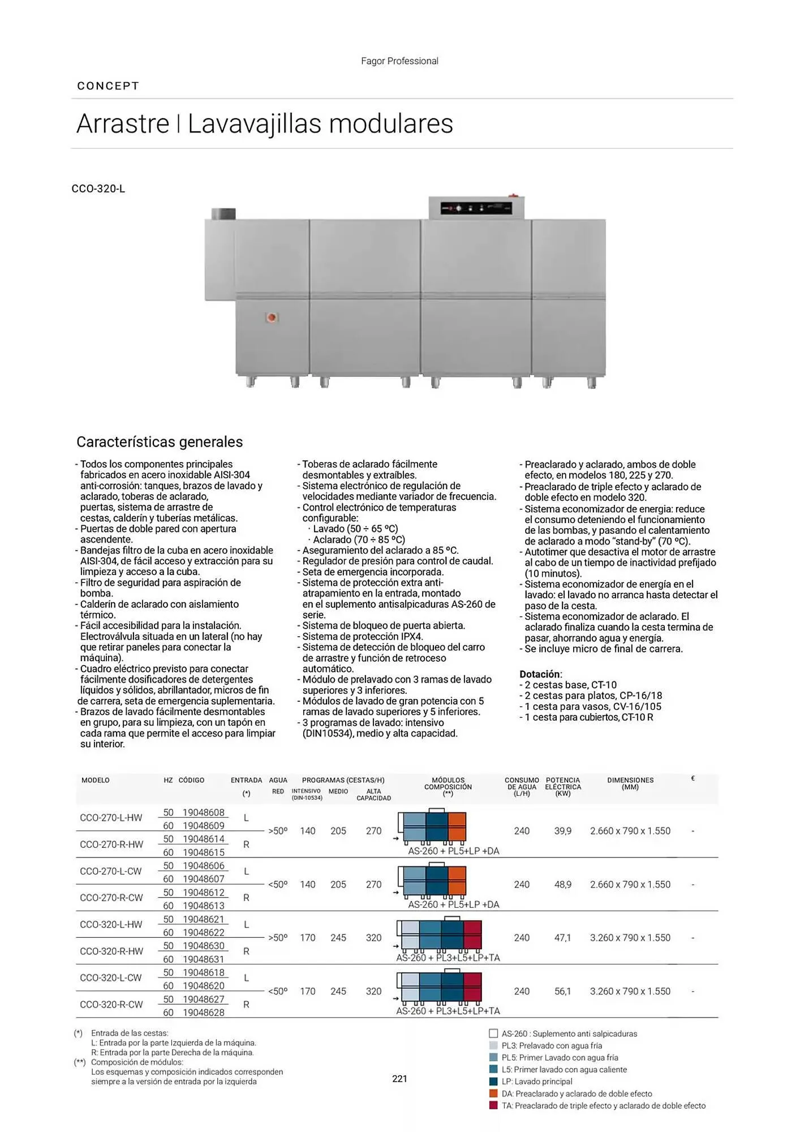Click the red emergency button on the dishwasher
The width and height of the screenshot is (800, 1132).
pyautogui.click(x=272, y=318)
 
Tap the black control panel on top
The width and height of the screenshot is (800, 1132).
pyautogui.click(x=476, y=208)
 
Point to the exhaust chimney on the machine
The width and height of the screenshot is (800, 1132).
pyautogui.click(x=223, y=214)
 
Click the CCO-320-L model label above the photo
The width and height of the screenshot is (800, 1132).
pyautogui.click(x=98, y=189)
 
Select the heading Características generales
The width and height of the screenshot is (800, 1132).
pyautogui.click(x=160, y=442)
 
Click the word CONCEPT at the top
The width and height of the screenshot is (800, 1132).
pyautogui.click(x=108, y=86)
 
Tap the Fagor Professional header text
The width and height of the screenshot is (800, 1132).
pyautogui.click(x=399, y=61)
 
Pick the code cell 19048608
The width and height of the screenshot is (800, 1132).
pyautogui.click(x=203, y=813)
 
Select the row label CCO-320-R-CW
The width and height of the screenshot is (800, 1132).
pyautogui.click(x=111, y=1005)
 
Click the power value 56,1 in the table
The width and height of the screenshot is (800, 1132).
pyautogui.click(x=563, y=992)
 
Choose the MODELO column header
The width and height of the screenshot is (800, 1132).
pyautogui.click(x=96, y=781)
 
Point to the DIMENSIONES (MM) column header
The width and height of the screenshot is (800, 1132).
pyautogui.click(x=630, y=783)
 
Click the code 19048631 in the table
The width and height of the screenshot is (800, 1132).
pyautogui.click(x=203, y=959)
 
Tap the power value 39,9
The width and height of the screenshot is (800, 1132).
pyautogui.click(x=563, y=831)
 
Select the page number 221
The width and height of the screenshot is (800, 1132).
pyautogui.click(x=399, y=1079)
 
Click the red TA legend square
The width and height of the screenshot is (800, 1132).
pyautogui.click(x=493, y=1105)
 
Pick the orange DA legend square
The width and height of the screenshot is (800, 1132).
pyautogui.click(x=493, y=1094)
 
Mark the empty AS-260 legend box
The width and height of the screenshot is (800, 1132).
pyautogui.click(x=493, y=1034)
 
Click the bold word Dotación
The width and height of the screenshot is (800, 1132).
pyautogui.click(x=540, y=674)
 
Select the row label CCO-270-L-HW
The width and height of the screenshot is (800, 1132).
pyautogui.click(x=111, y=818)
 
